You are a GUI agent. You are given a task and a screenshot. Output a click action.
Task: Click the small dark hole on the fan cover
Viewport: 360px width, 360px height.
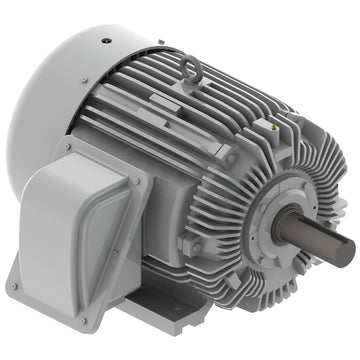tap(104, 42)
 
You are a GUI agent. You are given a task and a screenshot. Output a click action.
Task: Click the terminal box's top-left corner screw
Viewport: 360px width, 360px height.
tap(67, 149)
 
